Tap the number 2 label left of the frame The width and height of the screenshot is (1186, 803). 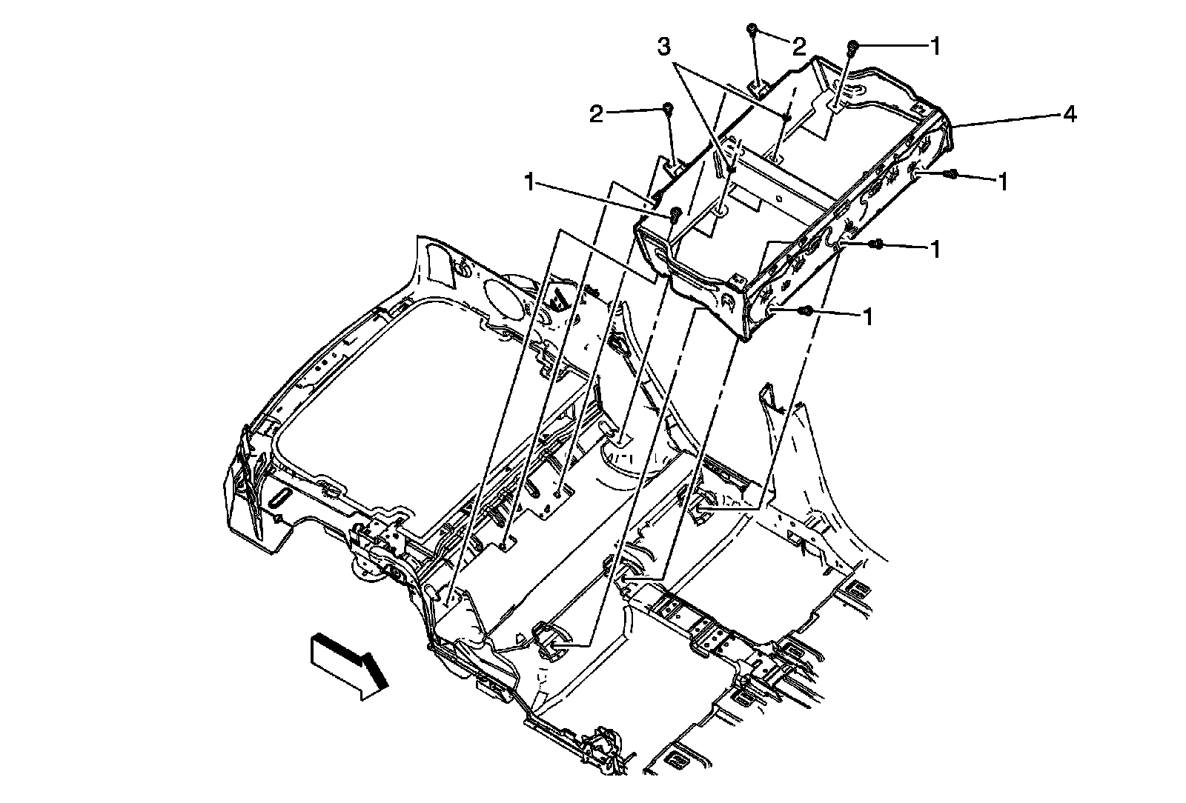(x=597, y=114)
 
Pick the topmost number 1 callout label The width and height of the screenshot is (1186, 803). (x=935, y=46)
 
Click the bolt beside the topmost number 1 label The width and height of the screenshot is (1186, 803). (x=853, y=47)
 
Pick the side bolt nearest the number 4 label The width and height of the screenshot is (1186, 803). (x=953, y=175)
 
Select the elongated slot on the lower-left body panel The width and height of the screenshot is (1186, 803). (x=282, y=497)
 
